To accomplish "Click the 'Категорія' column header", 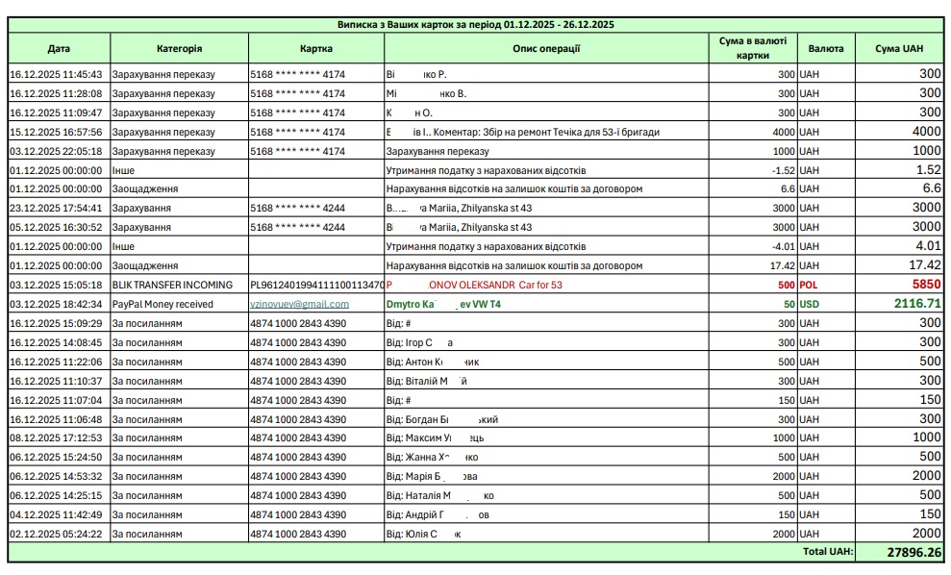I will click(x=179, y=48).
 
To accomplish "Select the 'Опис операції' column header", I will click(x=546, y=48).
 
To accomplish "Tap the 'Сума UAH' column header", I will click(x=899, y=48).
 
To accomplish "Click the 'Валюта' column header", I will click(x=827, y=48).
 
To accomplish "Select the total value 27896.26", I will click(x=902, y=553).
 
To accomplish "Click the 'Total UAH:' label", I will click(x=826, y=553).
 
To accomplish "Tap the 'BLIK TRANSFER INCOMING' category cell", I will click(x=173, y=285).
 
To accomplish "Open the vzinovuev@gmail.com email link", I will click(x=299, y=304).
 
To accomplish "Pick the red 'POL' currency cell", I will click(x=813, y=285).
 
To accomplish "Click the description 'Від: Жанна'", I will click(x=432, y=457).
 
